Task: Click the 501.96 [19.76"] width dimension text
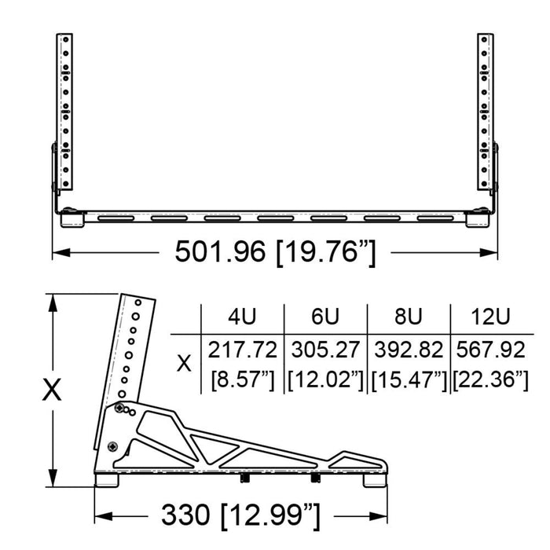tap(275, 253)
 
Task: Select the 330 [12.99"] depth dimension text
tap(241, 516)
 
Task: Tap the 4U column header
tap(242, 317)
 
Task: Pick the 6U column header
tap(325, 317)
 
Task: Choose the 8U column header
tap(408, 317)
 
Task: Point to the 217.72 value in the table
tap(242, 348)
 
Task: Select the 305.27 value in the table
tap(325, 348)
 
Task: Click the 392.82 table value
tap(408, 348)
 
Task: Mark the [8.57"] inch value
tap(242, 380)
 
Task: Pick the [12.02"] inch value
tap(325, 380)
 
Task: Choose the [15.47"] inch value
tap(408, 380)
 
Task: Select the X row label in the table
tap(185, 364)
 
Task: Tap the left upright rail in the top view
tap(64, 110)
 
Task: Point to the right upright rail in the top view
tap(486, 110)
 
